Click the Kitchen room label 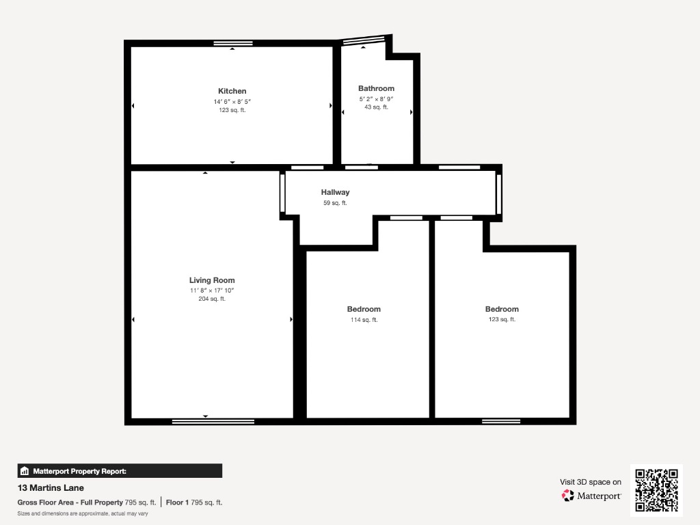(x=232, y=91)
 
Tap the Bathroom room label (x=377, y=88)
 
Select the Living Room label (x=212, y=280)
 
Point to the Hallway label (x=335, y=192)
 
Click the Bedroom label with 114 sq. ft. (x=364, y=309)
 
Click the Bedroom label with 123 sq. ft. (x=502, y=309)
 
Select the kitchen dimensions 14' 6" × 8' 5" (x=232, y=102)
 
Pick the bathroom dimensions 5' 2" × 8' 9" (x=377, y=99)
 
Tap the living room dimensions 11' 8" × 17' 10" (x=212, y=291)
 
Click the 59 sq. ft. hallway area (x=335, y=203)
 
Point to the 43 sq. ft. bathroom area (x=377, y=107)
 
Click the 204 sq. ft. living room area (x=212, y=299)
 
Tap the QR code (x=656, y=490)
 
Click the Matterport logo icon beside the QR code (x=568, y=496)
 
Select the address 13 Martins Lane (x=51, y=488)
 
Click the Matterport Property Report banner (x=120, y=471)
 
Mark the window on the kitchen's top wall (x=233, y=43)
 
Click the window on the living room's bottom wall (x=213, y=421)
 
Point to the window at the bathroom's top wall (x=364, y=40)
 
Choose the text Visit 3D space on (x=591, y=482)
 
